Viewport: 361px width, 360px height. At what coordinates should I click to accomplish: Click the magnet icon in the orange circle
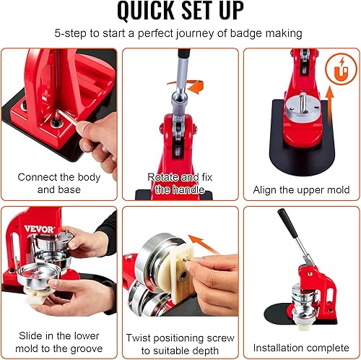[x=341, y=71]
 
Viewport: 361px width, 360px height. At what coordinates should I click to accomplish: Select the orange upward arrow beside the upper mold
[x=330, y=104]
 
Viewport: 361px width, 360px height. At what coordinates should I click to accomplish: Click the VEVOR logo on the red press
[x=38, y=229]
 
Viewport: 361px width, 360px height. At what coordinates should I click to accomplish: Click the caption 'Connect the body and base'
[x=59, y=184]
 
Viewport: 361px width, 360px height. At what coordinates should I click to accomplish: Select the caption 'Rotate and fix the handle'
[x=180, y=184]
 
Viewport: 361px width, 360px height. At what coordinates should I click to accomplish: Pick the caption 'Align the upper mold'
[x=301, y=190]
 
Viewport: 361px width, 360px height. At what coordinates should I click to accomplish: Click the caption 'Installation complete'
[x=301, y=348]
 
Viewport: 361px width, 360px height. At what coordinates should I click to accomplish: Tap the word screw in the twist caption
[x=220, y=338]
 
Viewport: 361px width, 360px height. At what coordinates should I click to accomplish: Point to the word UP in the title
[x=231, y=10]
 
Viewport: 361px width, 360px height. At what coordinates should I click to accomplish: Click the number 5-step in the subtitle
[x=70, y=33]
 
